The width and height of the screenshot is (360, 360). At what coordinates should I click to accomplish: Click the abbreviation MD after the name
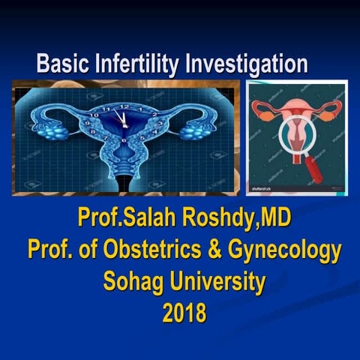271,219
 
